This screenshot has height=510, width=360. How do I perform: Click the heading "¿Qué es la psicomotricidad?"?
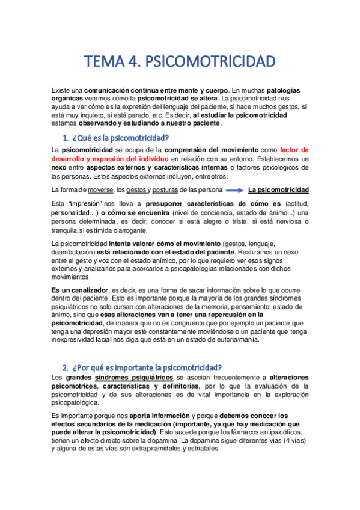click(x=116, y=138)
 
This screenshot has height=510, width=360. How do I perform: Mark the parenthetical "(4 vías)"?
click(x=294, y=440)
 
